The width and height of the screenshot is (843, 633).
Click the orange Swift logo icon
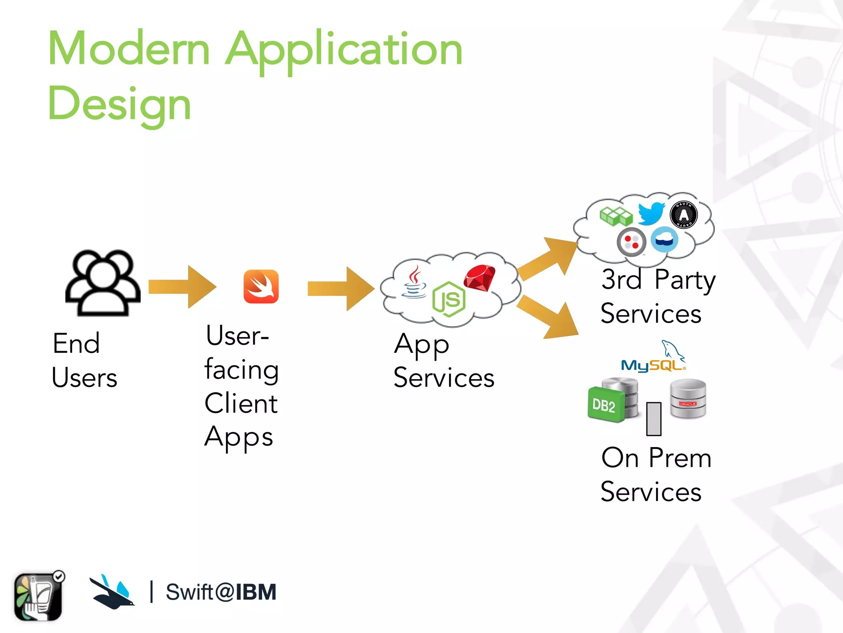[261, 286]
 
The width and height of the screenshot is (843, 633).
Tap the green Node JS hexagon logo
[449, 300]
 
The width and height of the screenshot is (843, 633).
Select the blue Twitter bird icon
[651, 213]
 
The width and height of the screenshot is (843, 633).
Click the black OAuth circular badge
[684, 215]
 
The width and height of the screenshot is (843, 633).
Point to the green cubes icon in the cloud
[616, 216]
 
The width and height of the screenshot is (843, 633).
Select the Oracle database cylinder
[688, 399]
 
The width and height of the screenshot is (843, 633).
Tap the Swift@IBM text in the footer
[221, 592]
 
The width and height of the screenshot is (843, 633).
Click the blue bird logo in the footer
[112, 592]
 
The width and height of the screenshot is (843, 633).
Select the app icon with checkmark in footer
[39, 596]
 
